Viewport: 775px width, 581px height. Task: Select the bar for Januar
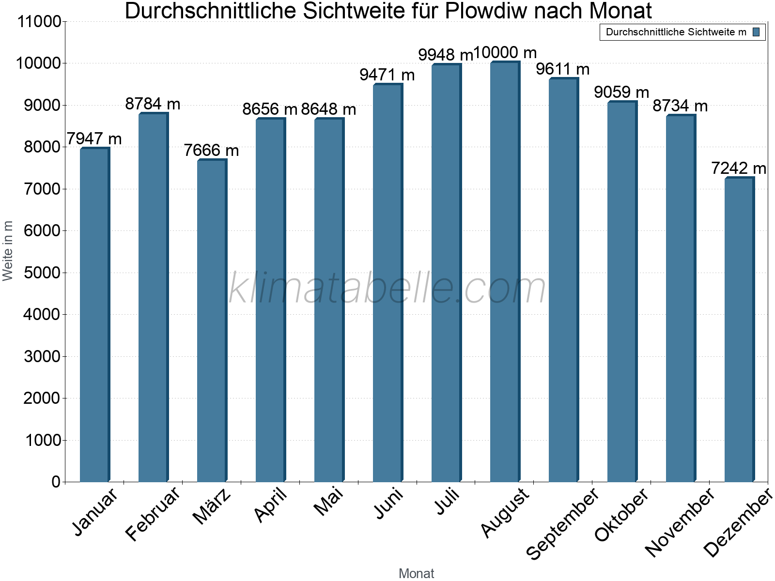click(94, 315)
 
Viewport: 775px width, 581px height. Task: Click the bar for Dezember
click(739, 329)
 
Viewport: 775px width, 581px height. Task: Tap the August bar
click(505, 271)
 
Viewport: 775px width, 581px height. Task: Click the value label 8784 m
click(153, 104)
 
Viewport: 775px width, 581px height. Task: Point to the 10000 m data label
click(505, 52)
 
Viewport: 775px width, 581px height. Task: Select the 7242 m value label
click(738, 168)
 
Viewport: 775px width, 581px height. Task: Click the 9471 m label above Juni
click(387, 75)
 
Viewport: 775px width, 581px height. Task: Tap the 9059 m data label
click(621, 92)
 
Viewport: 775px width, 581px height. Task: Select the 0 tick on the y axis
click(56, 482)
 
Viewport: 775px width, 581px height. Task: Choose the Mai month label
click(328, 502)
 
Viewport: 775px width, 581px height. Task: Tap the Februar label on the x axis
click(153, 513)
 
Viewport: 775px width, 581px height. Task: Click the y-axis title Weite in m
click(8, 251)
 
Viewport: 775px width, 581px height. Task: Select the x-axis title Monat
click(416, 573)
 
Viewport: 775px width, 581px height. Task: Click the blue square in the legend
click(756, 32)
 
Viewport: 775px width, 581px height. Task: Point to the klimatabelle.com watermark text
click(387, 288)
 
